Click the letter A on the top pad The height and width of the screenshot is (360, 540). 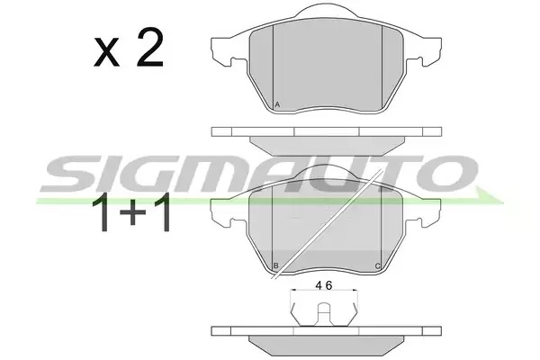(277, 104)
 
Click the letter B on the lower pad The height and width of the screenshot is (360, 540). (276, 265)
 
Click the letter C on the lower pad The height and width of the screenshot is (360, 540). (377, 266)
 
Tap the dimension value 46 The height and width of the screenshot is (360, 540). (324, 285)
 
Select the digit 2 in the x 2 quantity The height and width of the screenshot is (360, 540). (149, 48)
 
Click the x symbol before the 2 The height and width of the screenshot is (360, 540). (106, 53)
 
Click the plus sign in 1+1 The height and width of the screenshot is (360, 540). (133, 213)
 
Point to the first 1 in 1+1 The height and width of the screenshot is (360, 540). (103, 212)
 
